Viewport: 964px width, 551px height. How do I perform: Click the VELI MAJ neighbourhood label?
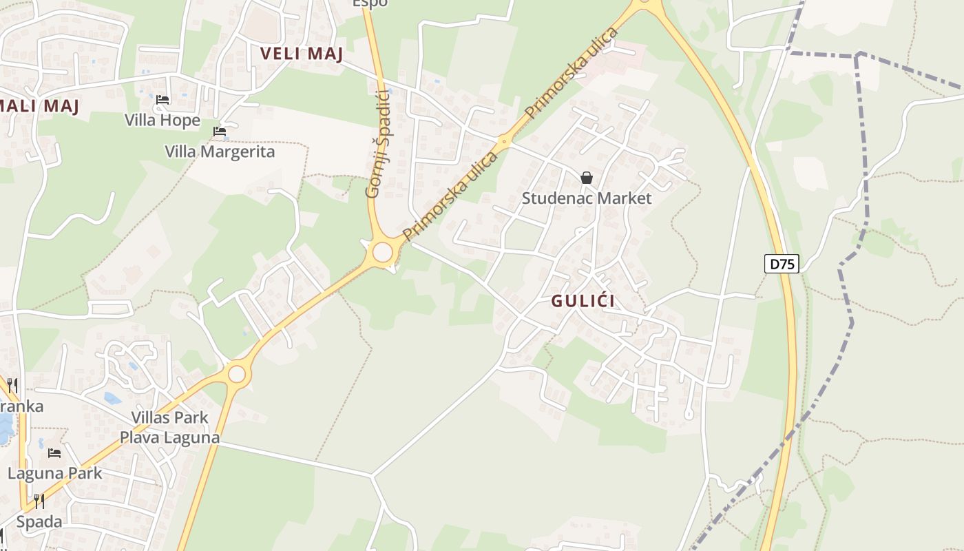(302, 54)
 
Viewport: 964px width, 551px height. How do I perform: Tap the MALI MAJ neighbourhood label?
(39, 105)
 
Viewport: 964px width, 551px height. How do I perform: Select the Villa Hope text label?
(163, 121)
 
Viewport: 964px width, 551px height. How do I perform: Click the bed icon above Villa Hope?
(163, 100)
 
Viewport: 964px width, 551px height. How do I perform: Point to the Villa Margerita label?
(220, 152)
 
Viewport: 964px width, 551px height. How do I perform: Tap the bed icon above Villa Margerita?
(220, 131)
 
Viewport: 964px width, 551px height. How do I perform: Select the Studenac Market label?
(586, 198)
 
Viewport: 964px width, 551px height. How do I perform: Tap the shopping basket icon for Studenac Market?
(587, 178)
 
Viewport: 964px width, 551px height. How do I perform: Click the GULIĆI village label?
(583, 301)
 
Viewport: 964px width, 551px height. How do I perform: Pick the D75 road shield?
(782, 263)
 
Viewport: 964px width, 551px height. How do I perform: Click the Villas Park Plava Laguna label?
(170, 427)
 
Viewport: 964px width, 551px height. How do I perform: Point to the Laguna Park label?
(55, 473)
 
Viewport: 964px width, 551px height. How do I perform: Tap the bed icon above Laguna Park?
(54, 453)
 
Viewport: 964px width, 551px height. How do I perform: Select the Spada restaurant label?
(39, 521)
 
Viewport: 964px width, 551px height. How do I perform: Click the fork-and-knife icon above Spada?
(39, 501)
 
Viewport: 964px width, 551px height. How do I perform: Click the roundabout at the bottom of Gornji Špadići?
(382, 252)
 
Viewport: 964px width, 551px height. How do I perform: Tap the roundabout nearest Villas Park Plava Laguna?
(237, 374)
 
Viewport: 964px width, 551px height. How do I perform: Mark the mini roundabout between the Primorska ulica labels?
(504, 143)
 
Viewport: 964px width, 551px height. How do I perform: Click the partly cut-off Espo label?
(370, 3)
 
